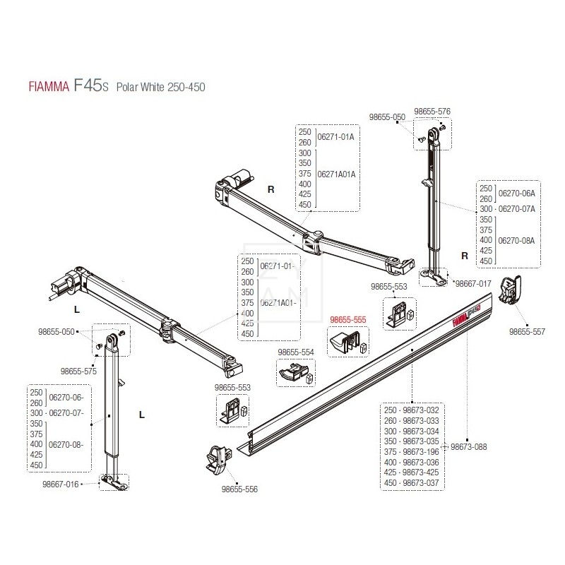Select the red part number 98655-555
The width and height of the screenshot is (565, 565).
point(347,319)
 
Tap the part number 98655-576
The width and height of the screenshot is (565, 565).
point(432,112)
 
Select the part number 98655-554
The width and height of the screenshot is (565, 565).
point(297,352)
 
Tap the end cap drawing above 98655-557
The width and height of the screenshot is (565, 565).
point(511,289)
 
